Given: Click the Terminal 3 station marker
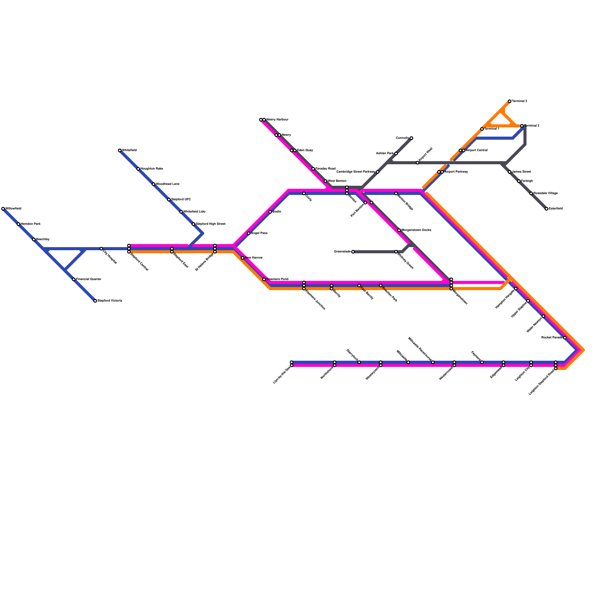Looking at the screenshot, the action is (x=510, y=101).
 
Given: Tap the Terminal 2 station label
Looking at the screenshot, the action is (x=532, y=126).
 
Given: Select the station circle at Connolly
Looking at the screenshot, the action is (x=411, y=138).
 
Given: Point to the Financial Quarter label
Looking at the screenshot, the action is (x=89, y=279).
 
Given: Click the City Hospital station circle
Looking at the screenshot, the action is (x=101, y=249).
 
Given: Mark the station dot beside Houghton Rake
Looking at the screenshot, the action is (x=138, y=169).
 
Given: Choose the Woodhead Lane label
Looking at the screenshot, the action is (x=168, y=184).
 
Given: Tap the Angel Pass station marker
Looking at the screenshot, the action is (x=249, y=233).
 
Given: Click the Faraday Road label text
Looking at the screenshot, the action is (x=326, y=169).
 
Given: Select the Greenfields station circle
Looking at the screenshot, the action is (x=353, y=252).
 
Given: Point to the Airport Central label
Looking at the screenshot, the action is (x=477, y=150).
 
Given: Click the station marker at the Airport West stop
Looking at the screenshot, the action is (x=418, y=163).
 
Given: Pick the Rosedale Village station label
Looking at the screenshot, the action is (x=546, y=193).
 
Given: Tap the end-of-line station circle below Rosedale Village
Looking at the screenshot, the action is (x=546, y=209).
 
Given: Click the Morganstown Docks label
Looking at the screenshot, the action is (x=416, y=230).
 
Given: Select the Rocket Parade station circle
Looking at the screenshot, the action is (x=565, y=338).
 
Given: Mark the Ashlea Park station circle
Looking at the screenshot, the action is (x=396, y=153).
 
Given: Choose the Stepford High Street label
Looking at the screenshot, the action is (x=211, y=224).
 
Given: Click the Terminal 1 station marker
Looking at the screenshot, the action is (x=482, y=129).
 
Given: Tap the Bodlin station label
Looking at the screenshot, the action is (x=277, y=212).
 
